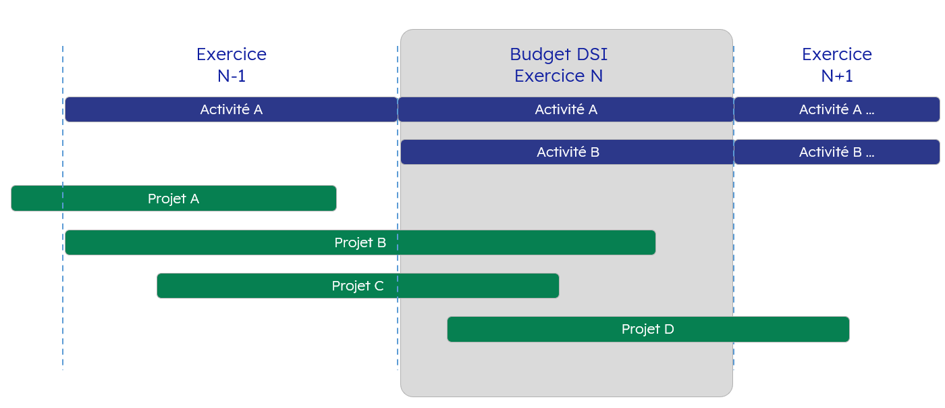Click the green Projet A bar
coord(173,198)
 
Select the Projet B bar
coord(360,243)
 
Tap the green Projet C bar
coord(358,286)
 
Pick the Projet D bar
coord(648,329)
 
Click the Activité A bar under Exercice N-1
coord(231,109)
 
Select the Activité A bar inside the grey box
coord(566,109)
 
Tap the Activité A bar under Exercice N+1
coord(837,109)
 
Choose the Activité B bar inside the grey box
coord(568,152)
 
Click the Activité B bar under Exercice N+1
coord(837,152)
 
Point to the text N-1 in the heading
coord(231,76)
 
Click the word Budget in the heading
coord(540,55)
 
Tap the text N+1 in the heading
coord(837,76)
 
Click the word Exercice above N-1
coord(231,54)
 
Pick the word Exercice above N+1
coord(837,54)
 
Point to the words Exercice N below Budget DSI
coord(559,76)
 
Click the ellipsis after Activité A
coord(870,113)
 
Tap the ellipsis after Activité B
coord(870,155)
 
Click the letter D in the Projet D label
coord(669,329)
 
